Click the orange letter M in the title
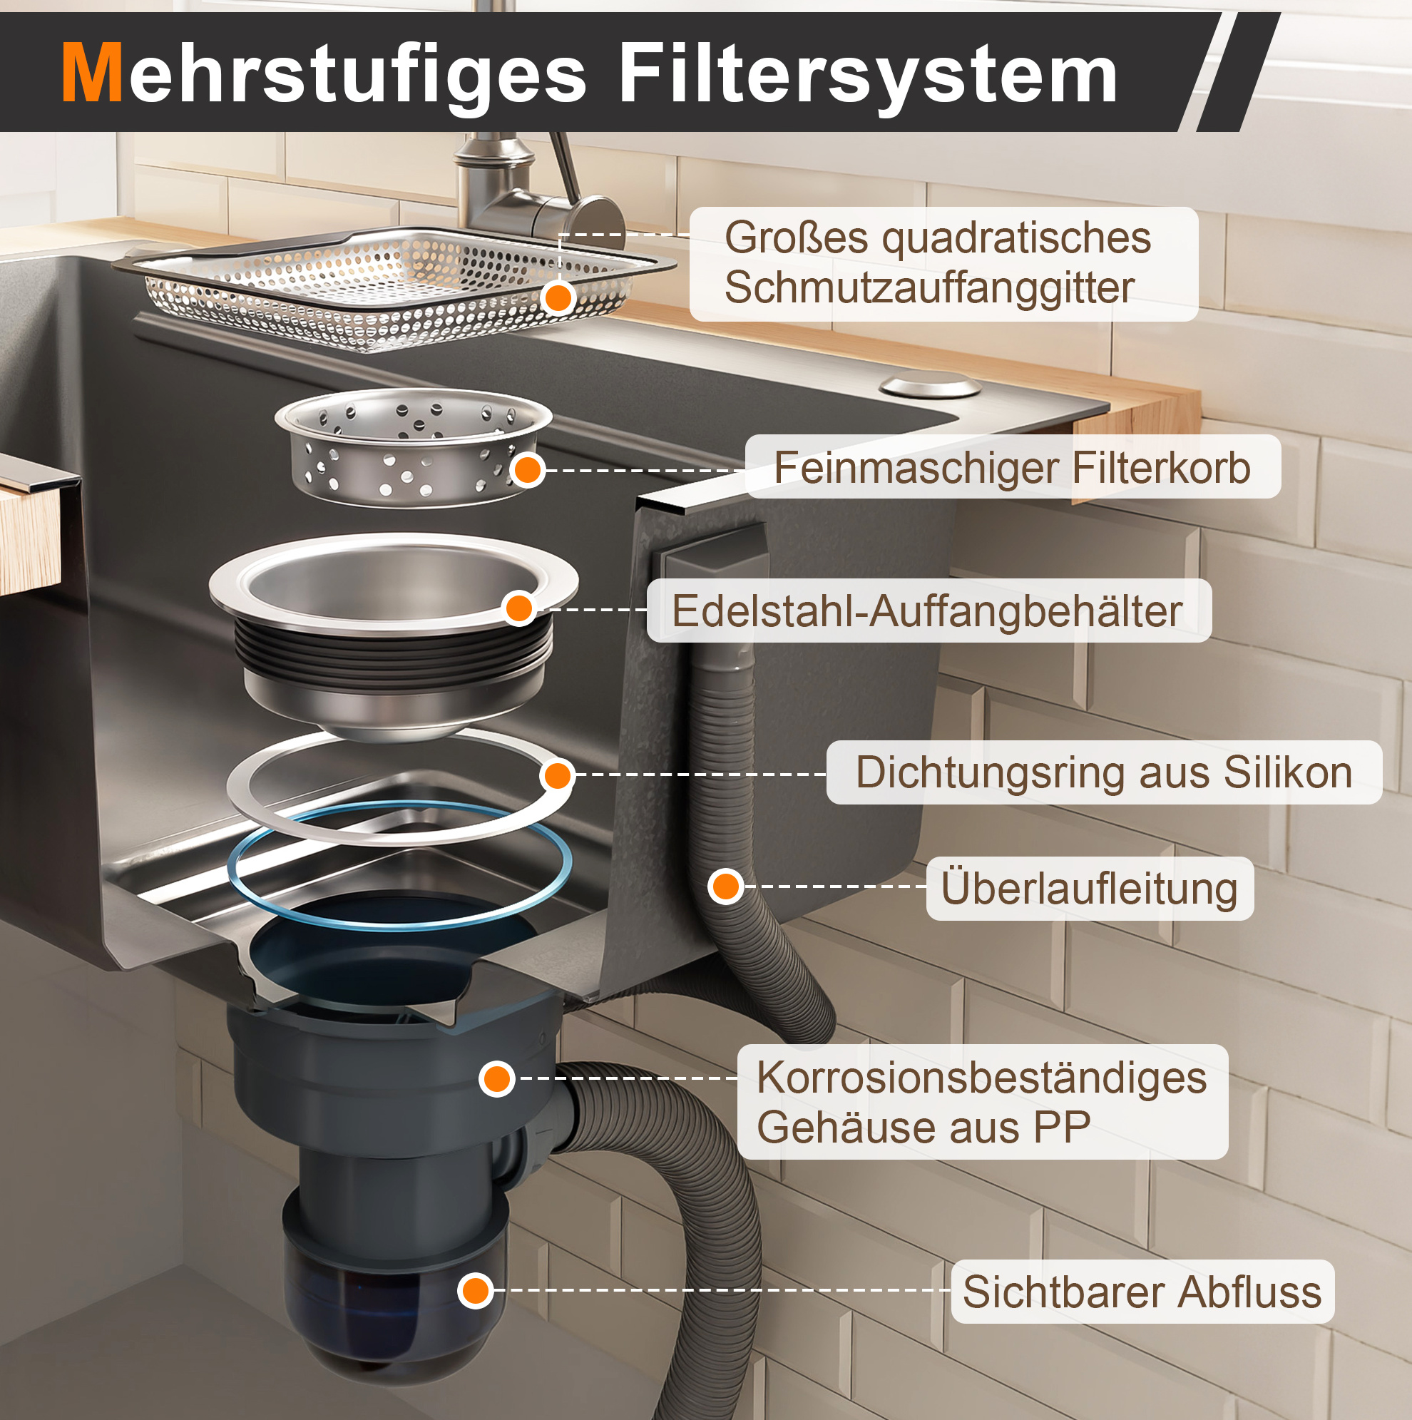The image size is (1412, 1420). click(92, 72)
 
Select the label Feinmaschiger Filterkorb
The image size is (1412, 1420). click(1012, 467)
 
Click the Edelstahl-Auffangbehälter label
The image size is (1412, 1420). click(927, 611)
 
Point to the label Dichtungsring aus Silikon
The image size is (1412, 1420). click(1104, 772)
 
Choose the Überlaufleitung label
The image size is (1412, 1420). click(1090, 888)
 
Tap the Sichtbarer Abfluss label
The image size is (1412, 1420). click(1142, 1292)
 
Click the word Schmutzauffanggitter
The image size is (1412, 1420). click(929, 287)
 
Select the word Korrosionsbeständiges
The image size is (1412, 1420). click(982, 1078)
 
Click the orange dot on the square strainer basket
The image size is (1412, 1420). click(558, 297)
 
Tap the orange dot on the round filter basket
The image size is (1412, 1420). click(527, 470)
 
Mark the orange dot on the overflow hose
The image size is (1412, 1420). click(726, 887)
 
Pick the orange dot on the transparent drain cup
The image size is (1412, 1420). click(476, 1291)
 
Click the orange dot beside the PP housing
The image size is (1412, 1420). click(497, 1078)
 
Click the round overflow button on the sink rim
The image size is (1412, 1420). click(931, 384)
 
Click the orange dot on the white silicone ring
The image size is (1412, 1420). click(557, 775)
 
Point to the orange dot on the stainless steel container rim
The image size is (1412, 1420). click(519, 608)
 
